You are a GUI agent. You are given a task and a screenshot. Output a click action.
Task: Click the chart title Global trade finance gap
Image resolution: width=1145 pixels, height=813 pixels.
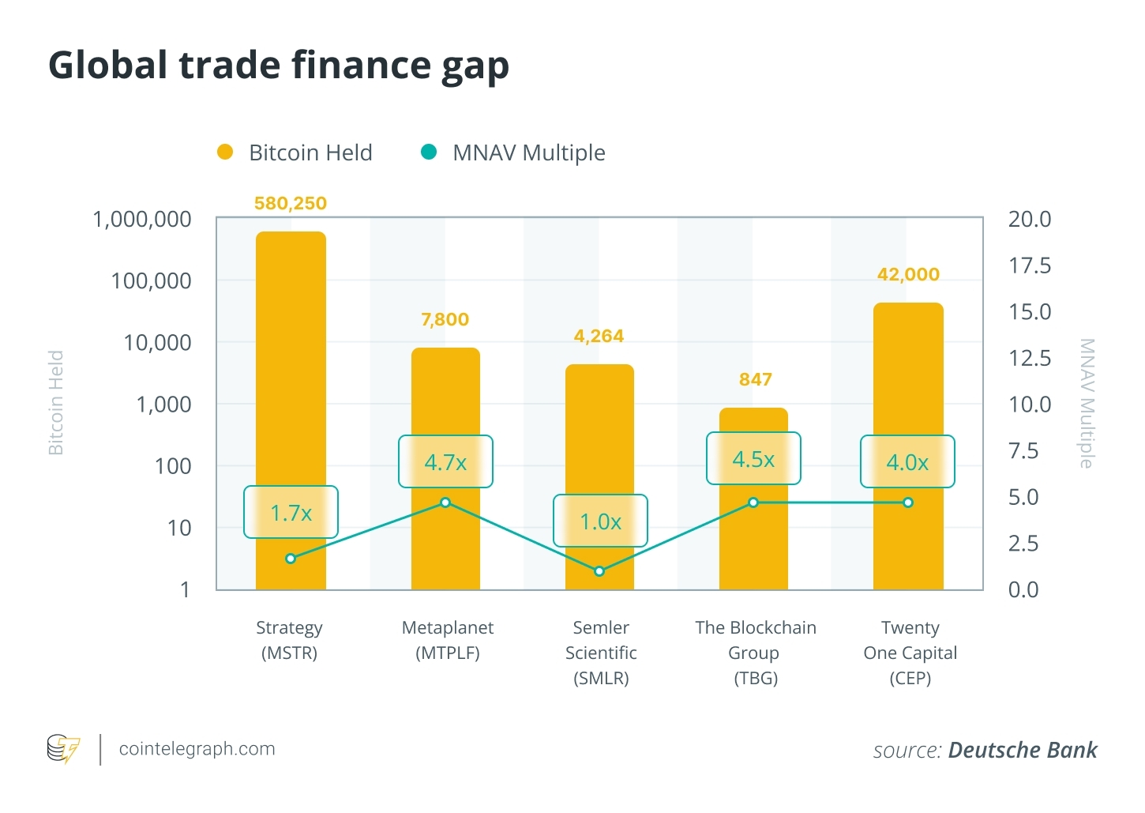278,66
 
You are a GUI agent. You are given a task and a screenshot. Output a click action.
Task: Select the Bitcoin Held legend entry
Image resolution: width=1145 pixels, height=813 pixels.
295,152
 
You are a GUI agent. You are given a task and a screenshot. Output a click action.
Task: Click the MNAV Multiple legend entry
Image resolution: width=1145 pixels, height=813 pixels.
513,152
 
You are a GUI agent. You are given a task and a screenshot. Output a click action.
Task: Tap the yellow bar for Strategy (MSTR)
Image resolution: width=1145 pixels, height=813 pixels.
291,356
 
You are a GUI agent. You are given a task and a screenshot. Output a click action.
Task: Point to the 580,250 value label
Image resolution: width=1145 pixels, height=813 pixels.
291,204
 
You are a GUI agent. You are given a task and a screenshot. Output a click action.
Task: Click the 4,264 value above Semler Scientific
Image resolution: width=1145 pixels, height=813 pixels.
599,337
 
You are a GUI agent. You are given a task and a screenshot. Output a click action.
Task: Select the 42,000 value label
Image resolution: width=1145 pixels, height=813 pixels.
908,275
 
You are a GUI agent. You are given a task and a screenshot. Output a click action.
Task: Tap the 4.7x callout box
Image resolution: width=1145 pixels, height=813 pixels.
445,462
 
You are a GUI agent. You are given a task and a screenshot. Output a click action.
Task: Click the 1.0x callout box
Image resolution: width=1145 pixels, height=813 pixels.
600,521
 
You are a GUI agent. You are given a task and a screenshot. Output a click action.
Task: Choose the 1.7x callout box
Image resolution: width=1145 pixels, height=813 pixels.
291,513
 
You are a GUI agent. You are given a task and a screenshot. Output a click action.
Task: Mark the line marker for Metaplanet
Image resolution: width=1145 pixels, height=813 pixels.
445,502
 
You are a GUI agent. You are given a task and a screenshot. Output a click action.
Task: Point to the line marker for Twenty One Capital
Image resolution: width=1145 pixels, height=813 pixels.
908,502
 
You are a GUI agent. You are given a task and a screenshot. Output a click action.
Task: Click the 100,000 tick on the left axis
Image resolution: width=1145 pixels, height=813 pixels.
151,280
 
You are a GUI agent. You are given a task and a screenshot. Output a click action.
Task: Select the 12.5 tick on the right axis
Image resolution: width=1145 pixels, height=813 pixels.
1030,358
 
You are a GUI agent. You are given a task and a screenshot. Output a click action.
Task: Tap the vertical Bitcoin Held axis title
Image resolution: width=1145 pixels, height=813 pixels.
56,403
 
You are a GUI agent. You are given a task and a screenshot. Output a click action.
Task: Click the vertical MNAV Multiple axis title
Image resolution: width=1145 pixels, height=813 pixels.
1087,403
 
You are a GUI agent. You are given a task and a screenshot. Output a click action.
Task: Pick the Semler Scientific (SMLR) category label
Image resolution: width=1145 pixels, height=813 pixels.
601,653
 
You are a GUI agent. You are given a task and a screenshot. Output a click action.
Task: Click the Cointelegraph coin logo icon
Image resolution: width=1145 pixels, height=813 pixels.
63,749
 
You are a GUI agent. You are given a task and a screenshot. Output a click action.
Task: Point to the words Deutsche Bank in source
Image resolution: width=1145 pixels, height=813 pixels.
1023,750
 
